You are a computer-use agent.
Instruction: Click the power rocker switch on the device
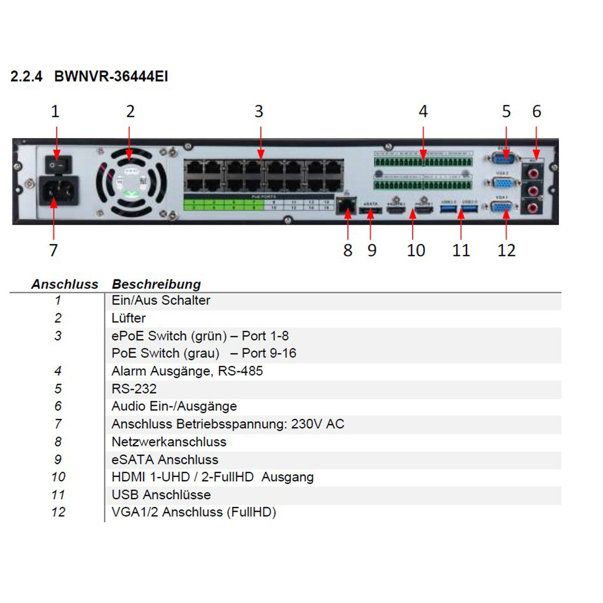(x=58, y=165)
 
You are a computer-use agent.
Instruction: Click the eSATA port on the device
(x=370, y=211)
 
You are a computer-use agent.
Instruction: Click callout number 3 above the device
(x=258, y=112)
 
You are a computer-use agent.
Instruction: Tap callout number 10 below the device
(x=416, y=250)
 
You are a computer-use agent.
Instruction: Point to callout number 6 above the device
(x=536, y=112)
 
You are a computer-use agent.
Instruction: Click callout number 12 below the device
(x=506, y=250)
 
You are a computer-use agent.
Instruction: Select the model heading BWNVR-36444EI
(x=111, y=77)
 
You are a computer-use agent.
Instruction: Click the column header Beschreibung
(x=156, y=284)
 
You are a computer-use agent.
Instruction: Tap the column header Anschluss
(x=65, y=284)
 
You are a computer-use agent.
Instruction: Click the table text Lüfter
(x=128, y=318)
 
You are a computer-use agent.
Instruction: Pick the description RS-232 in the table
(x=134, y=389)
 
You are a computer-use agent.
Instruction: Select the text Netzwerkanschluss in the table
(x=169, y=442)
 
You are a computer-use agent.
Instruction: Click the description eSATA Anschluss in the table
(x=165, y=460)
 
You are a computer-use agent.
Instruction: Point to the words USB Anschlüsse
(x=161, y=495)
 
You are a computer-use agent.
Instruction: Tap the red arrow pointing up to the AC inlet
(x=53, y=220)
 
